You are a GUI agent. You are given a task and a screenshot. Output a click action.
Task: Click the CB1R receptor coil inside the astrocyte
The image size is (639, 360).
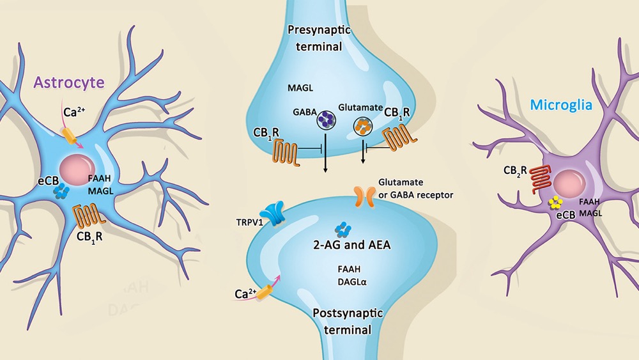(x=86, y=215)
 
